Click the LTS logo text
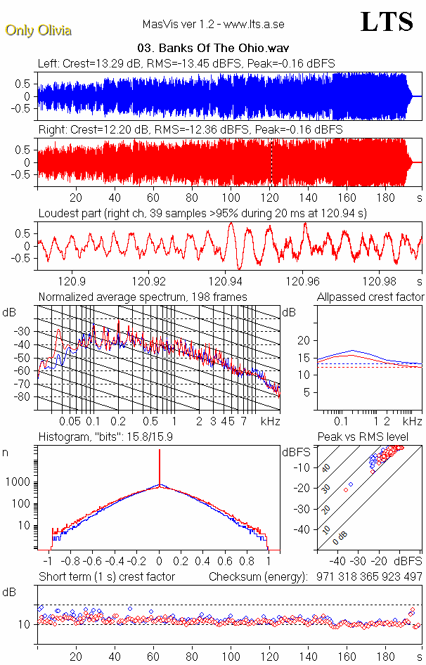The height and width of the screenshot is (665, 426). coord(386,22)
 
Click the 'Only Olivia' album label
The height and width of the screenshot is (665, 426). coord(38,30)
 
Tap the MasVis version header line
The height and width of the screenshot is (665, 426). coord(214,25)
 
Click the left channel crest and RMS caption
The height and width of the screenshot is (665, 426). coord(186,63)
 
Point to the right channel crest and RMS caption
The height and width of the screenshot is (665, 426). coord(190,130)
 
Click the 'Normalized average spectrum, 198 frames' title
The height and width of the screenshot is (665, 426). coord(143,297)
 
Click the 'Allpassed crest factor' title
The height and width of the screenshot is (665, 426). coord(370,297)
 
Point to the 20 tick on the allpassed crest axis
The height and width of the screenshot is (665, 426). coord(304,340)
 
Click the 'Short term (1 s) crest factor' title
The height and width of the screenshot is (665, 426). coord(107,576)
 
